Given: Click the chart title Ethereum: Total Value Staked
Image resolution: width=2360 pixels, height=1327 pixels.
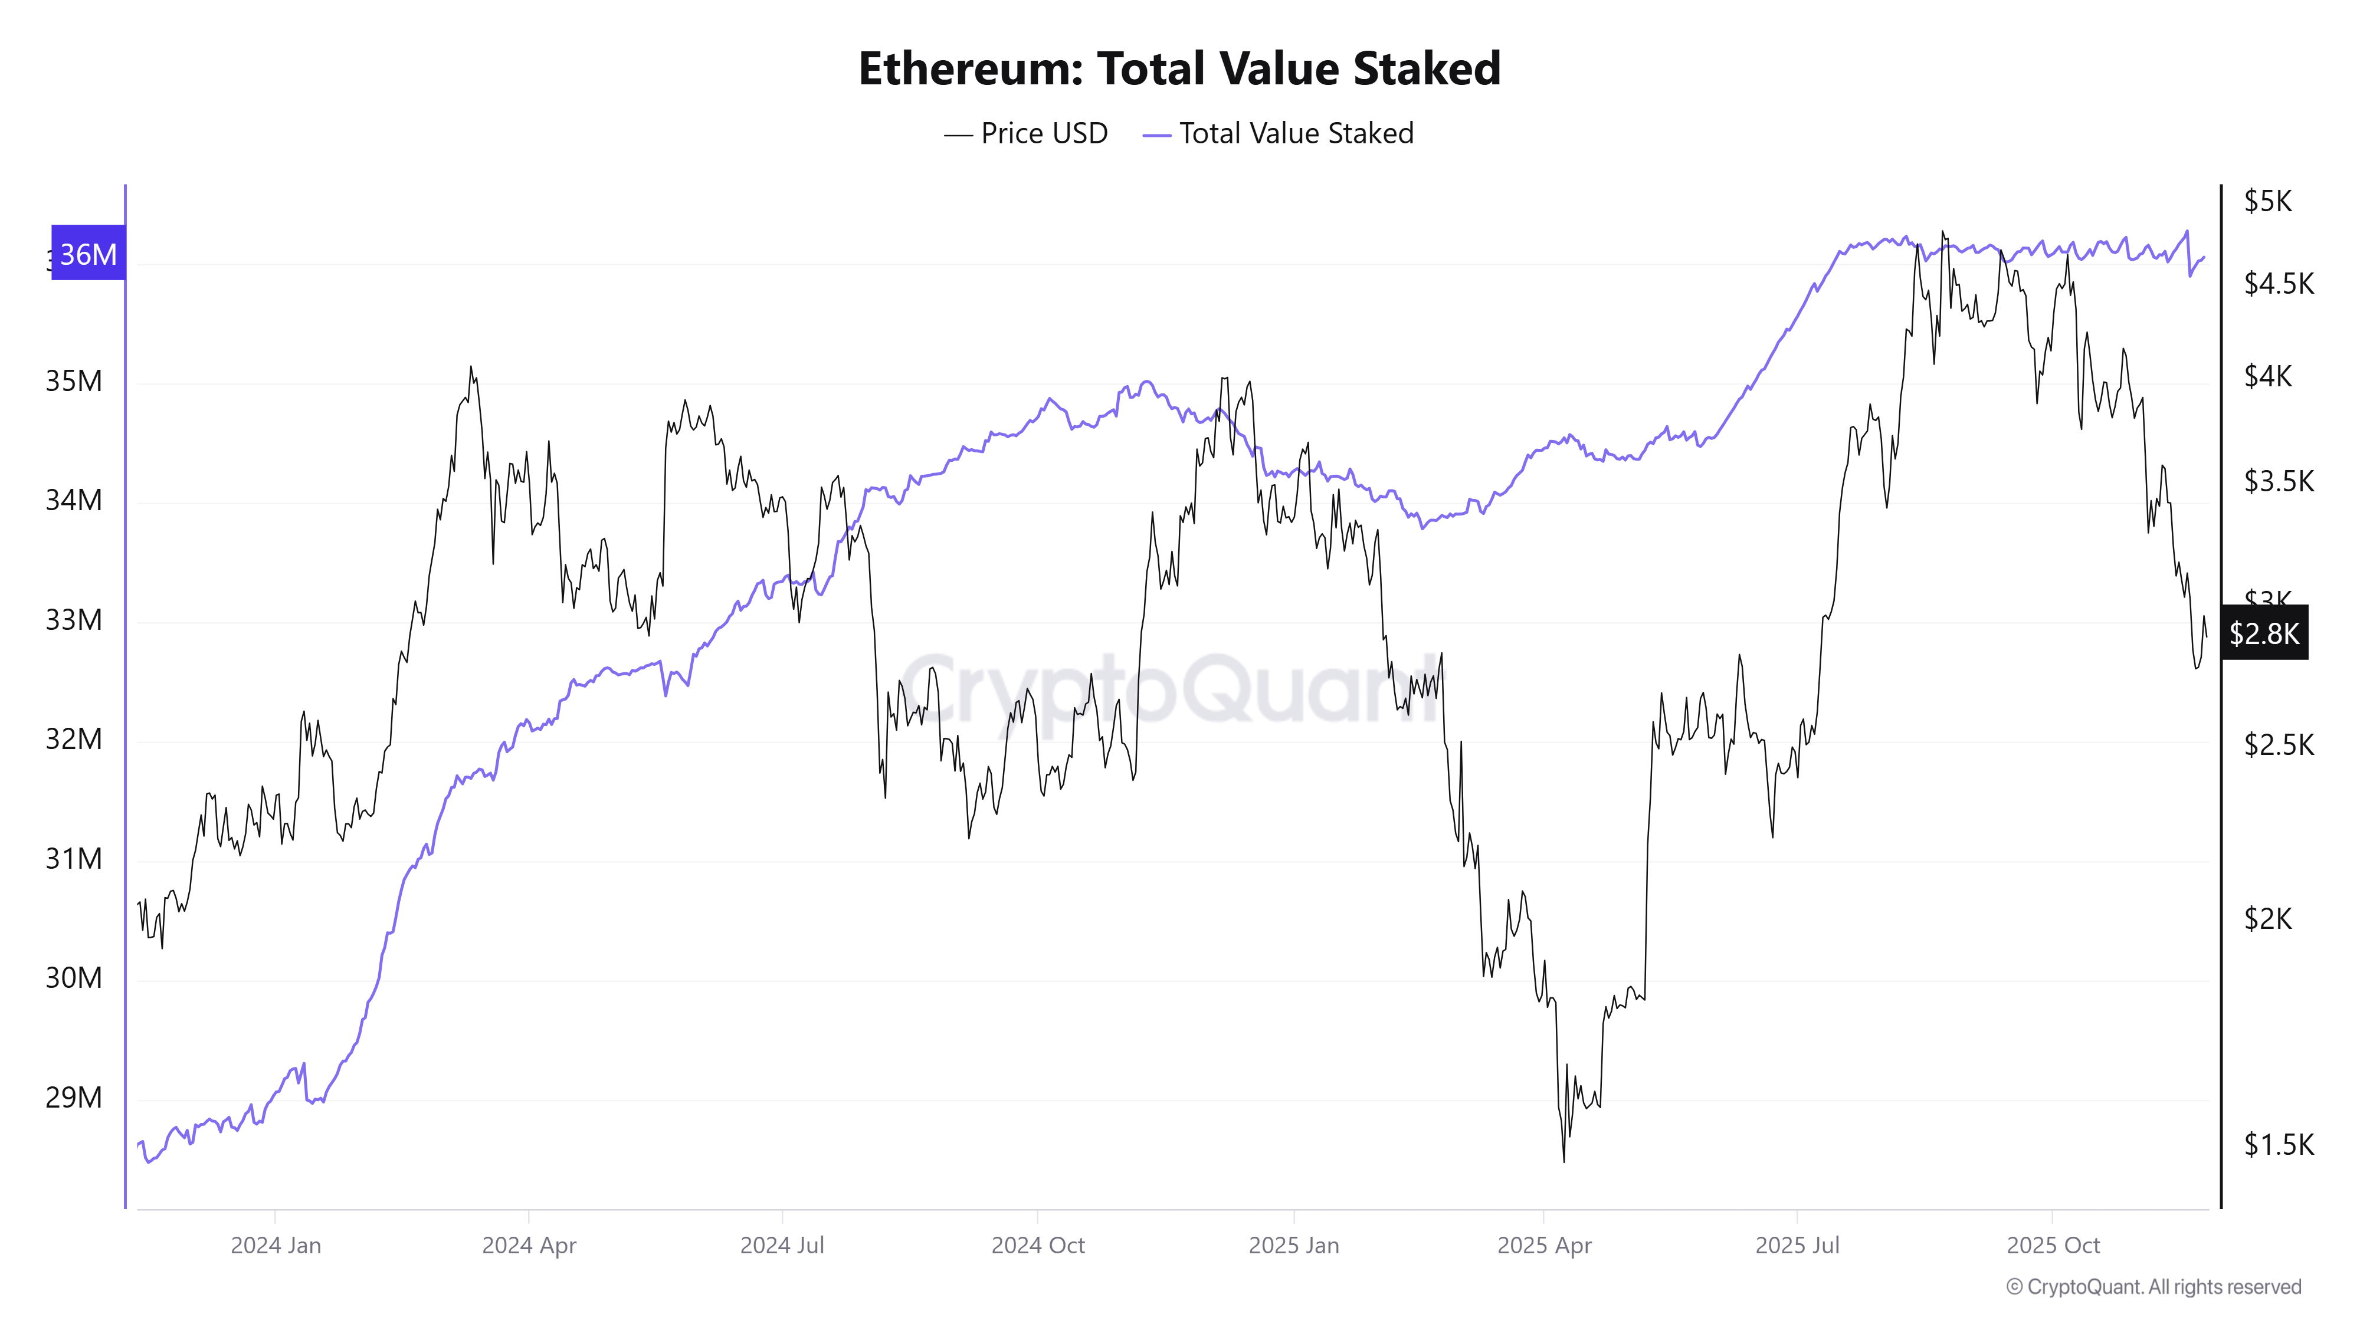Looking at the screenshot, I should (x=1179, y=68).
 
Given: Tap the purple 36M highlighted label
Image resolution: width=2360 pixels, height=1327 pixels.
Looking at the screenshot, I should (x=88, y=254).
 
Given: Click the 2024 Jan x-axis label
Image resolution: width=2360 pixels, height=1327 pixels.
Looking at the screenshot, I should (x=276, y=1246).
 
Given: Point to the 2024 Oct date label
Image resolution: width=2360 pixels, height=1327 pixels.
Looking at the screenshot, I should (x=1037, y=1246).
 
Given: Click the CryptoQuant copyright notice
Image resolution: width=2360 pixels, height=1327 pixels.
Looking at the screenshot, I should (x=2153, y=1287).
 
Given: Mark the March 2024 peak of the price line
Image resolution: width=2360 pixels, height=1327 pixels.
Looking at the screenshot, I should (x=471, y=367).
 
